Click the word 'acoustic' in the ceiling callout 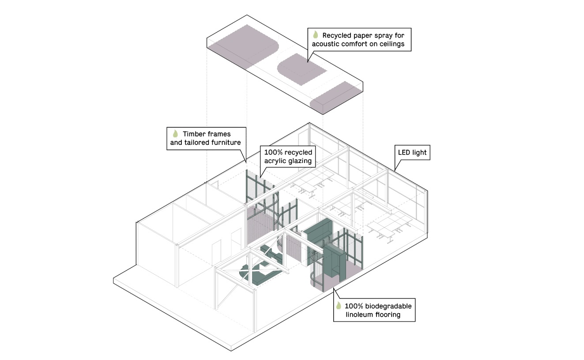[x=336, y=44]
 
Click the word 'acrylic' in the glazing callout [x=277, y=161]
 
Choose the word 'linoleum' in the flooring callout [x=359, y=315]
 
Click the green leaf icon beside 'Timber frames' [x=175, y=133]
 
